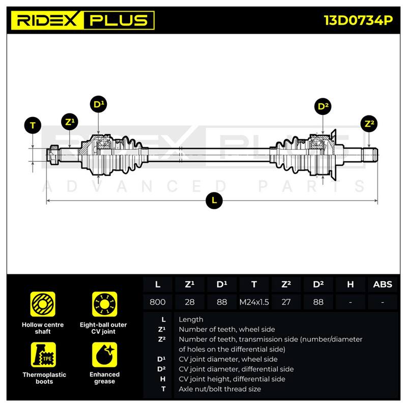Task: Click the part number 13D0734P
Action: [x=358, y=20]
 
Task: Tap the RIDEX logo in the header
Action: [x=47, y=20]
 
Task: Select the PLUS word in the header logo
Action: [x=119, y=20]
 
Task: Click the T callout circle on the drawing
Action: [x=33, y=125]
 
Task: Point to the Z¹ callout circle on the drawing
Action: [x=70, y=122]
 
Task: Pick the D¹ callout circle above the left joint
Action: [x=98, y=104]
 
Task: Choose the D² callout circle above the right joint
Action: [x=323, y=106]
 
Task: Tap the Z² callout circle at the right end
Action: [x=369, y=124]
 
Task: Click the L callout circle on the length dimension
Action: [x=214, y=200]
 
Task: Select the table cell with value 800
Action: [x=158, y=302]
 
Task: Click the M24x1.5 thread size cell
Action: [x=254, y=302]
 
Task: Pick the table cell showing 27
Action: [x=286, y=302]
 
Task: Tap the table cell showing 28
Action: [x=190, y=302]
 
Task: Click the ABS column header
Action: [x=383, y=284]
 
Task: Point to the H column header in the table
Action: [x=351, y=284]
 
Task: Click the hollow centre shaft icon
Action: [x=43, y=304]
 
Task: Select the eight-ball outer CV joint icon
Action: [x=105, y=304]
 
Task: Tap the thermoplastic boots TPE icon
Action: [x=43, y=355]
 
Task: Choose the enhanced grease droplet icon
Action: [x=105, y=355]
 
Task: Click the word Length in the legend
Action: [x=191, y=319]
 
